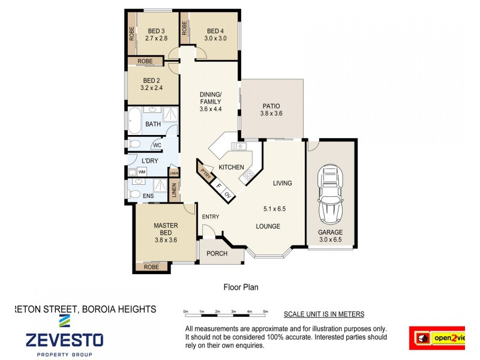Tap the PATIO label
click(x=271, y=106)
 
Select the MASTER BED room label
click(x=166, y=229)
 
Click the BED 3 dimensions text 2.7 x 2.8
click(x=156, y=38)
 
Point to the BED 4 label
click(x=215, y=31)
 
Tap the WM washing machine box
click(x=142, y=172)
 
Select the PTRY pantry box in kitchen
click(x=206, y=175)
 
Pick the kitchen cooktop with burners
click(x=247, y=176)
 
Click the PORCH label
click(x=217, y=253)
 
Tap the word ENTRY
click(x=211, y=217)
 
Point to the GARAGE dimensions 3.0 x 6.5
click(x=331, y=241)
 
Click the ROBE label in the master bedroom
click(x=151, y=266)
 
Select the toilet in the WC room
click(x=135, y=144)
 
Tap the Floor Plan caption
click(x=241, y=287)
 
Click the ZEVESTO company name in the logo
click(x=64, y=340)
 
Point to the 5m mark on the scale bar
click(x=265, y=311)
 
